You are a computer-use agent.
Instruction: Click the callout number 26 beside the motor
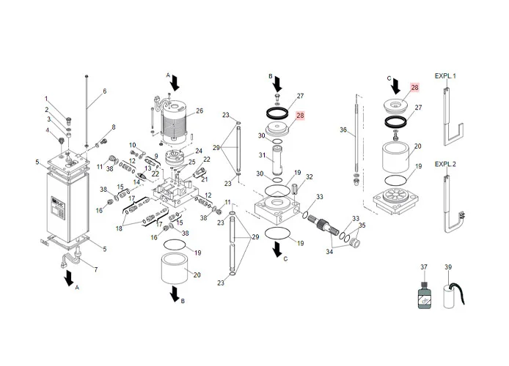click(x=199, y=112)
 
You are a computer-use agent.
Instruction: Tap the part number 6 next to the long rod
click(x=104, y=91)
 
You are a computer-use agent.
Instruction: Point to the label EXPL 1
click(x=445, y=76)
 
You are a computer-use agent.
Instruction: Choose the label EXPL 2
click(x=445, y=164)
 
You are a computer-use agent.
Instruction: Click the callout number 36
click(x=343, y=130)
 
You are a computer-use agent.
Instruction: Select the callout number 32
click(x=310, y=177)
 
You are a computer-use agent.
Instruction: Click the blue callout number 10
click(x=133, y=144)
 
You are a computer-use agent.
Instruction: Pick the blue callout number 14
click(x=136, y=182)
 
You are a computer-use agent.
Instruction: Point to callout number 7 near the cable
click(x=95, y=269)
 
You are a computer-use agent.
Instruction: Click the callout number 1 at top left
click(x=46, y=99)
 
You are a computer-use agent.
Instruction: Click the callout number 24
click(x=199, y=151)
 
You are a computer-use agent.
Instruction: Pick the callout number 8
click(x=113, y=127)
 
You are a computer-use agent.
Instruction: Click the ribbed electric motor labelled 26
click(x=174, y=124)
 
